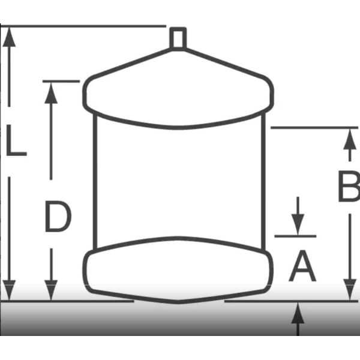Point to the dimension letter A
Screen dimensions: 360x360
click(302, 267)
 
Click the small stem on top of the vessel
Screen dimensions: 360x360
click(178, 38)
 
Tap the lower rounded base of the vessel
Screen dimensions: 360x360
click(178, 270)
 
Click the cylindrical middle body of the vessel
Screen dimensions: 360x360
click(178, 180)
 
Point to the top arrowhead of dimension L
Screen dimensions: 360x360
click(10, 37)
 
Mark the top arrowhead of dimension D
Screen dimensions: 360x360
click(51, 92)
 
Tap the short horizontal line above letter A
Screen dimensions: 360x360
click(295, 236)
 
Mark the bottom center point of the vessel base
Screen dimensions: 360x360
click(178, 302)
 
